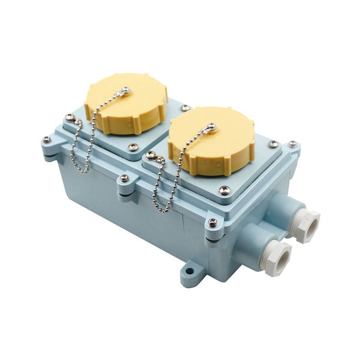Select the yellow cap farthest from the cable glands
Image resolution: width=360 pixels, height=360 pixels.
point(126,103)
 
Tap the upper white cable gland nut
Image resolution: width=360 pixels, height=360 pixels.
point(306,226)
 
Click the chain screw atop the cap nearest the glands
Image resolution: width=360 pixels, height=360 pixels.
point(212,127)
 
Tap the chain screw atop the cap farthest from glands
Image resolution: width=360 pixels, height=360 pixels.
point(126,90)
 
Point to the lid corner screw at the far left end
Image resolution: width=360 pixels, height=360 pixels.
point(47,140)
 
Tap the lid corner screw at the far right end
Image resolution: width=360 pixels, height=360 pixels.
point(292,144)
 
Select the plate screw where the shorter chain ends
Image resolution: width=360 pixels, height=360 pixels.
point(70,117)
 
